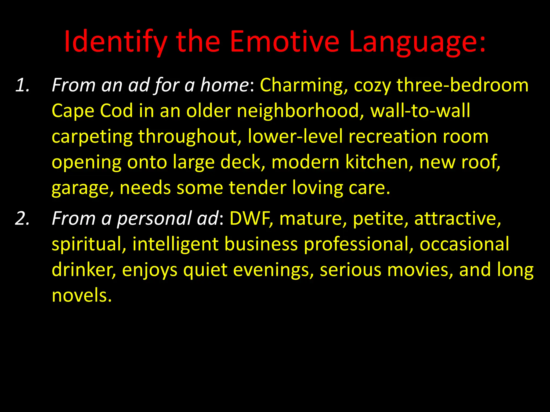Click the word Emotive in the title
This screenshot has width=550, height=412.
coord(285,42)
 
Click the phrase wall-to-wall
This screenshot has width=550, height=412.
coord(420,111)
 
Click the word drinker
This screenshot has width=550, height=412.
coord(84,270)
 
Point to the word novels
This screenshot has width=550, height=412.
coord(82,295)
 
